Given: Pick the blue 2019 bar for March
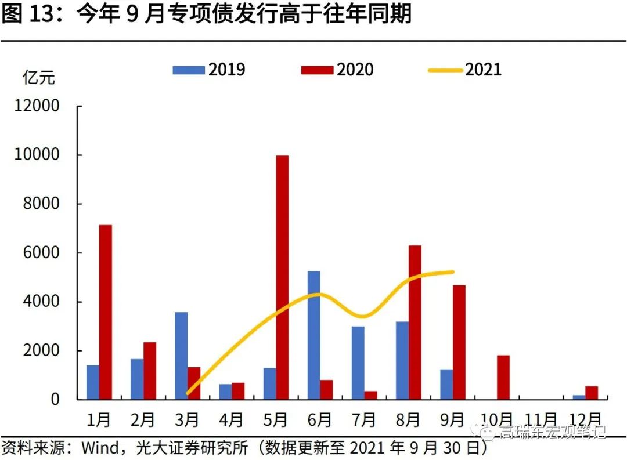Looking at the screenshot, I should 181,356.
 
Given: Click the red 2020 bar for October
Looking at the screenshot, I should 503,377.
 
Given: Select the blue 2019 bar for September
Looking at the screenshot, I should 446,384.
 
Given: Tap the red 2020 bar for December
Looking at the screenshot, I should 592,393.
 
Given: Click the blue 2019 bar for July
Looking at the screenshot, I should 358,363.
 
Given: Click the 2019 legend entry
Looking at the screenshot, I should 209,70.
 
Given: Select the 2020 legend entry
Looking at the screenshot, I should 337,70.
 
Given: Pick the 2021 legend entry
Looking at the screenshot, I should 464,70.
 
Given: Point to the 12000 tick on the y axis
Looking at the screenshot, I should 39,106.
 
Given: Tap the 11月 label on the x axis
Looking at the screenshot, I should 541,419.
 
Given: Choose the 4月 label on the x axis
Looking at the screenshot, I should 232,419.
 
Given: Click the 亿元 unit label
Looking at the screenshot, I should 39,77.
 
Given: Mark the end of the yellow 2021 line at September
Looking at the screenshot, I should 452,271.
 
